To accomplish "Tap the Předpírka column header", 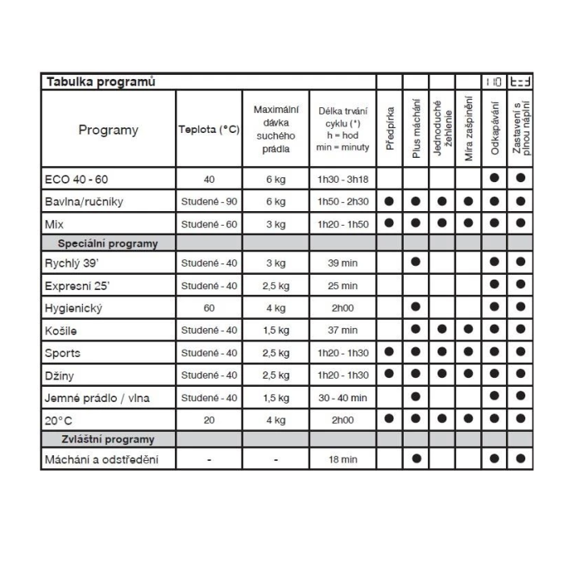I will [x=389, y=130].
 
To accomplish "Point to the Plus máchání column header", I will [x=416, y=130].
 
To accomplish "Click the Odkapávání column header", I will [x=494, y=130].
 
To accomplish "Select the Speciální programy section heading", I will [x=107, y=243].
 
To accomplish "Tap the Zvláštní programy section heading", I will [x=107, y=439].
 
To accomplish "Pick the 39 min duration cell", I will [x=338, y=263].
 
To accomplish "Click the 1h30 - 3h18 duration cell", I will [x=338, y=179].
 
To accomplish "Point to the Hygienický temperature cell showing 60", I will [x=209, y=307].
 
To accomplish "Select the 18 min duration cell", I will [x=338, y=460].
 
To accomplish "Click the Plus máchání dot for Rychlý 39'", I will [x=416, y=263].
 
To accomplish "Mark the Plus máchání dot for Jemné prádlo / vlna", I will [x=416, y=396].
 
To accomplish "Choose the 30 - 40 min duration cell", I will [x=338, y=397].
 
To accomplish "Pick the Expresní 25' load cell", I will [x=276, y=285].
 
